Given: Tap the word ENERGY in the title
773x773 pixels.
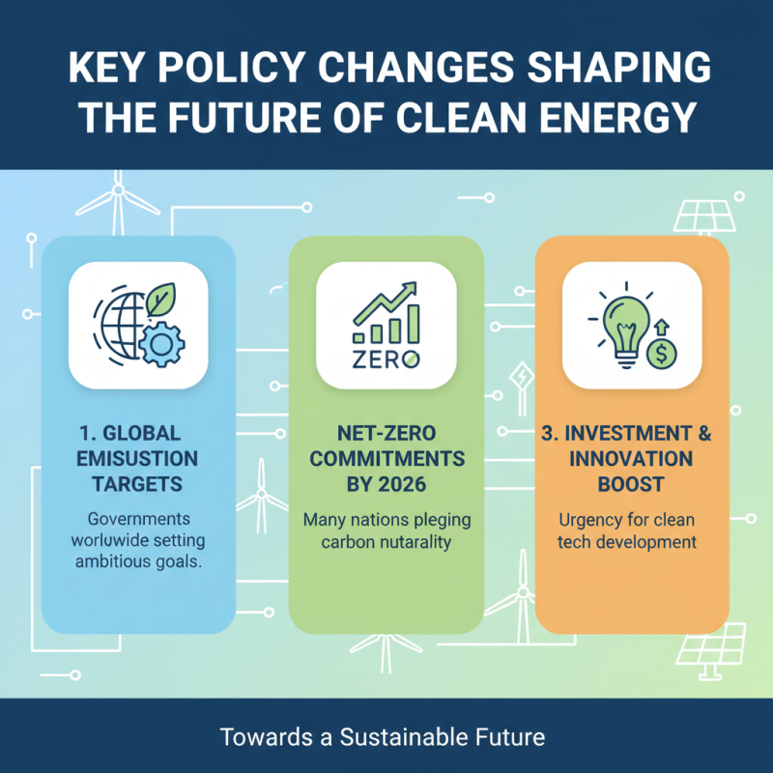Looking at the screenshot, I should pyautogui.click(x=613, y=118).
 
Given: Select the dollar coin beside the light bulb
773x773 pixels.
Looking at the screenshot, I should pyautogui.click(x=661, y=353).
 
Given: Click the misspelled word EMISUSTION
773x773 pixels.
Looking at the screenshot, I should pyautogui.click(x=139, y=457).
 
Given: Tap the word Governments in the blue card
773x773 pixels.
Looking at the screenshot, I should pyautogui.click(x=139, y=518).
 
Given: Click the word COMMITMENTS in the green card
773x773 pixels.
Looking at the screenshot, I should pyautogui.click(x=386, y=457).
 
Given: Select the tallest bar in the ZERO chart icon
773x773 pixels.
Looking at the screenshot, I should pyautogui.click(x=414, y=324).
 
